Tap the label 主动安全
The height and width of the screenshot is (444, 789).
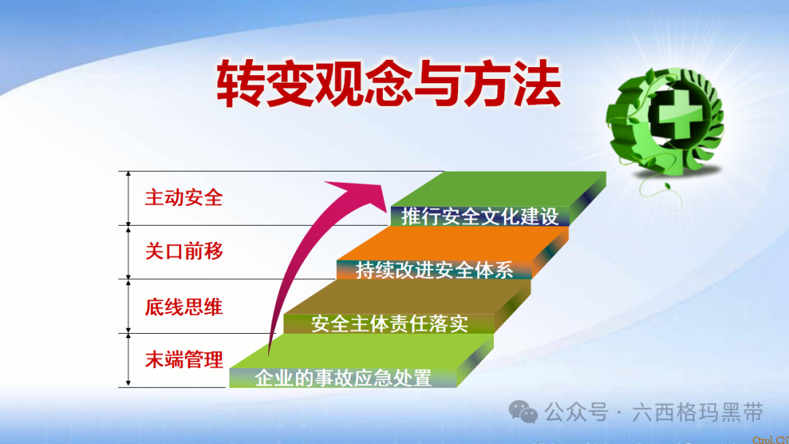pyautogui.click(x=183, y=198)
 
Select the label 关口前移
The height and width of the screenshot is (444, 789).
pyautogui.click(x=183, y=252)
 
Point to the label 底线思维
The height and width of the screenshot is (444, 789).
pyautogui.click(x=183, y=307)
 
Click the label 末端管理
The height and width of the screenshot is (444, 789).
pyautogui.click(x=183, y=359)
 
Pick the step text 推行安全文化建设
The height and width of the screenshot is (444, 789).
pyautogui.click(x=479, y=216)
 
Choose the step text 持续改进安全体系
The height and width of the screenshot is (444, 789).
pyautogui.click(x=434, y=270)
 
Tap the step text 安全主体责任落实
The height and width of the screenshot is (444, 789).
pyautogui.click(x=389, y=324)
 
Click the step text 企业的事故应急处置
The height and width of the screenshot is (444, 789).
pyautogui.click(x=343, y=378)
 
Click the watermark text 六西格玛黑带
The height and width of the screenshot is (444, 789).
pyautogui.click(x=700, y=413)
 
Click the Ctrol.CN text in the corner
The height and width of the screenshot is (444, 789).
pyautogui.click(x=771, y=438)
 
